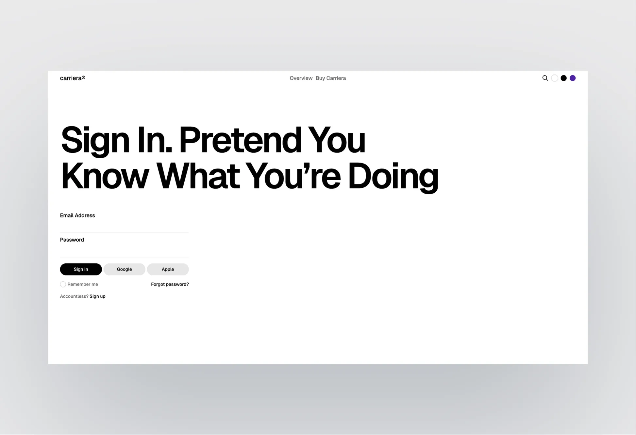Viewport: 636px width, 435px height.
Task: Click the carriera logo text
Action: point(72,78)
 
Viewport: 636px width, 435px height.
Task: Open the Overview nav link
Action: point(301,78)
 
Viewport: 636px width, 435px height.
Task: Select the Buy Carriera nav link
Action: point(330,78)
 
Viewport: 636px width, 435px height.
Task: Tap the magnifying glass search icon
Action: point(545,78)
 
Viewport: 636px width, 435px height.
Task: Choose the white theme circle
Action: point(554,78)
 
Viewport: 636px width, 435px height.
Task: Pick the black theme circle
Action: point(563,78)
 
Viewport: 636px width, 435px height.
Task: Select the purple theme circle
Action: point(573,78)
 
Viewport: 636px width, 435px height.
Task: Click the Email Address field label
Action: point(77,215)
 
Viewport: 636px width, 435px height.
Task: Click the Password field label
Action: point(72,240)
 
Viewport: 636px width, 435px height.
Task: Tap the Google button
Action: point(124,269)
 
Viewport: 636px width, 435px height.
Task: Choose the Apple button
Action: point(168,269)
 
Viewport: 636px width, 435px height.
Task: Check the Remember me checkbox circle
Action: point(63,284)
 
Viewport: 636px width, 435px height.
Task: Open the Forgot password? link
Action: point(170,284)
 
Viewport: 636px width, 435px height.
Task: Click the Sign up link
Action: point(97,296)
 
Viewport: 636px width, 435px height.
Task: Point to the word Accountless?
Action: point(74,296)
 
